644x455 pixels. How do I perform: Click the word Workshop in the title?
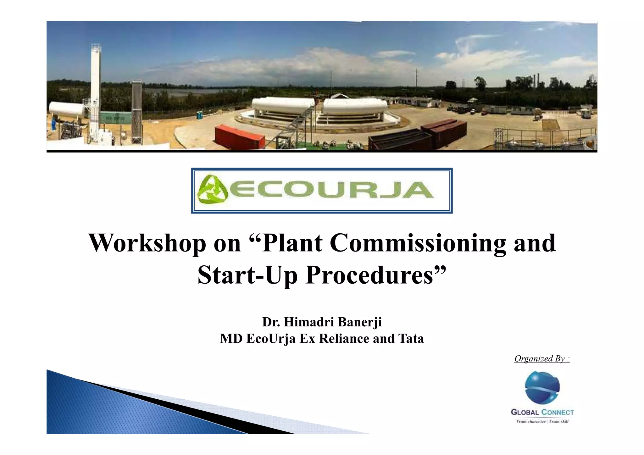click(x=147, y=243)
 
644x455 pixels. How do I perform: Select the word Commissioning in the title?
click(x=418, y=243)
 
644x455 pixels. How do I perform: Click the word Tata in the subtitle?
click(x=411, y=339)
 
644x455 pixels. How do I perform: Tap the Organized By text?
click(x=542, y=359)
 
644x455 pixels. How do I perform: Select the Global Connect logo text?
click(x=542, y=412)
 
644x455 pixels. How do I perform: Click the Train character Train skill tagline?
click(x=542, y=422)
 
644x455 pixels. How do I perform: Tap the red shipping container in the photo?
click(x=239, y=137)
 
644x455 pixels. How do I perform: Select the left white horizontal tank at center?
click(x=283, y=106)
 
